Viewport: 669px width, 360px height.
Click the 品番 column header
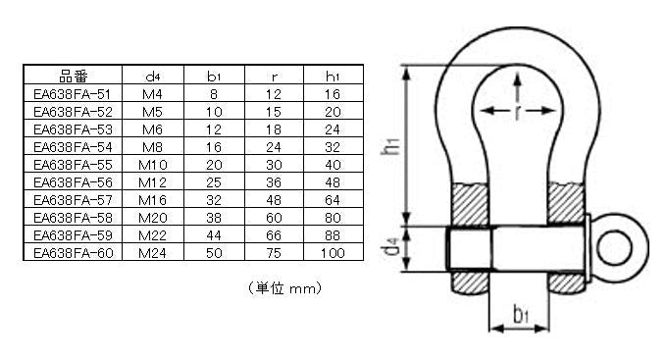(x=73, y=76)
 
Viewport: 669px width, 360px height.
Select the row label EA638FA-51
(x=73, y=94)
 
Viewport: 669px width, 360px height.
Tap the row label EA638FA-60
(x=73, y=253)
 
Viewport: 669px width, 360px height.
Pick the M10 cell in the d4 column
(x=153, y=165)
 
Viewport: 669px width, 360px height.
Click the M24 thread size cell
(x=152, y=253)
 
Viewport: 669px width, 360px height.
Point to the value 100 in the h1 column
(x=333, y=253)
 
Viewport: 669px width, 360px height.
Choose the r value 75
(x=274, y=253)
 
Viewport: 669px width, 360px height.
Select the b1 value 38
(x=214, y=218)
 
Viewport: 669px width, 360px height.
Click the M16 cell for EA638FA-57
(x=152, y=200)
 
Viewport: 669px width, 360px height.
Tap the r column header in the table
(x=274, y=77)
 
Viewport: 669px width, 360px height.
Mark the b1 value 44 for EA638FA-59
(x=214, y=235)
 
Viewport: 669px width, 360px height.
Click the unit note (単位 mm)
(x=284, y=288)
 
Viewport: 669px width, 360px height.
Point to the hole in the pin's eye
(x=614, y=248)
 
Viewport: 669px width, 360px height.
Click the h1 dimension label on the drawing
(x=390, y=146)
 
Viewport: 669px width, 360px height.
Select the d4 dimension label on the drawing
(x=390, y=247)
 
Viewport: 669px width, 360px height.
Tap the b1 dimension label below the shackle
(x=521, y=314)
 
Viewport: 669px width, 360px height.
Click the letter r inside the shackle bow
(x=518, y=112)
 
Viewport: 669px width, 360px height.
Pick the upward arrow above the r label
(x=518, y=87)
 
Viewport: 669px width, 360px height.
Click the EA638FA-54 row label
(x=73, y=147)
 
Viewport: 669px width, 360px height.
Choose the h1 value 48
(x=333, y=182)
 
